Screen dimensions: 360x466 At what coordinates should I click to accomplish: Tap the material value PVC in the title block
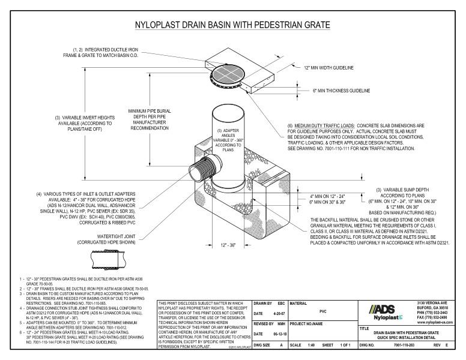click(x=323, y=311)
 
